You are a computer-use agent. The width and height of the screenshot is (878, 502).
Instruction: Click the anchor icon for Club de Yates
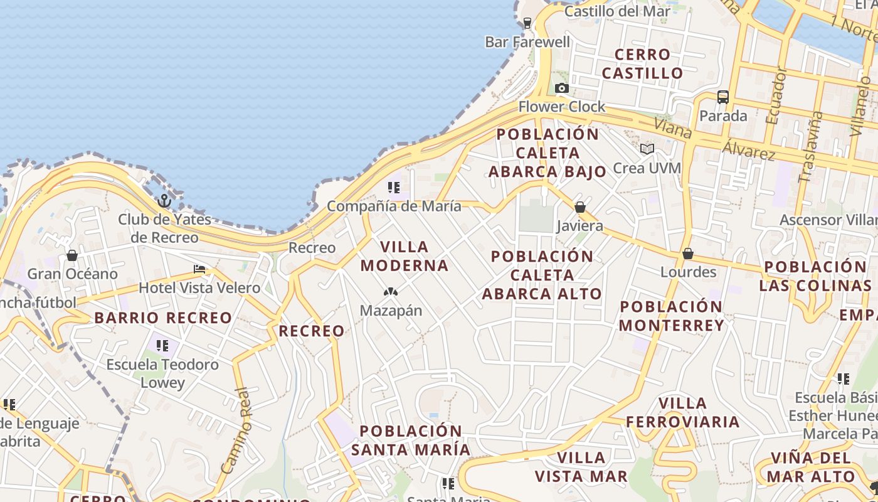point(164,201)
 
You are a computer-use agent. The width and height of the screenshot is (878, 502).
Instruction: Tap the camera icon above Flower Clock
point(562,88)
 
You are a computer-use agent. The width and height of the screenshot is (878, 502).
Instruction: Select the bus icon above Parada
point(723,97)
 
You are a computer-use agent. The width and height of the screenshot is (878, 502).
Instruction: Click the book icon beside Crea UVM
point(647,149)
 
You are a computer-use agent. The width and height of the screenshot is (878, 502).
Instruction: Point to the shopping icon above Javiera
point(580,207)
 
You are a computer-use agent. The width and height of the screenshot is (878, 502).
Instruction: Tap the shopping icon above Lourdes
point(688,254)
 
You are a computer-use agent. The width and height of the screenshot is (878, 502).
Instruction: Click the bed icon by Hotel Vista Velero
point(199,269)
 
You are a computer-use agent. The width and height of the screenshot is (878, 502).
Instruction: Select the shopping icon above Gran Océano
point(72,255)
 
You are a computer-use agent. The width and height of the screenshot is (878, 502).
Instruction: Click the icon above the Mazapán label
point(391,292)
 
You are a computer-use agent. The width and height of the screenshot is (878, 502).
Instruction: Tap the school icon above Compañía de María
point(394,187)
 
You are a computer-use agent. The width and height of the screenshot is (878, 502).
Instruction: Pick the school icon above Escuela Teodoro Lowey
point(162,345)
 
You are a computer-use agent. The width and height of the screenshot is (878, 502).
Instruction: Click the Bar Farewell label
point(528,42)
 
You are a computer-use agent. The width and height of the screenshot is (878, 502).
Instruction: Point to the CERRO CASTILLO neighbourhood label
point(642,64)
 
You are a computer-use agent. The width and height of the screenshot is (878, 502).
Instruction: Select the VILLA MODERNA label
point(405,256)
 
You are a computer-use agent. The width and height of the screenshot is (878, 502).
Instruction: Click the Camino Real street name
point(237,430)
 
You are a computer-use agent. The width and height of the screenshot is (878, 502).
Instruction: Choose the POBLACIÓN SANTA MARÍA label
point(411,441)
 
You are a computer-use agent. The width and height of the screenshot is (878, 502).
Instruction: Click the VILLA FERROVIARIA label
point(683,412)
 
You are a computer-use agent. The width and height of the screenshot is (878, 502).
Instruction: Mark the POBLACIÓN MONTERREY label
point(671,316)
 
